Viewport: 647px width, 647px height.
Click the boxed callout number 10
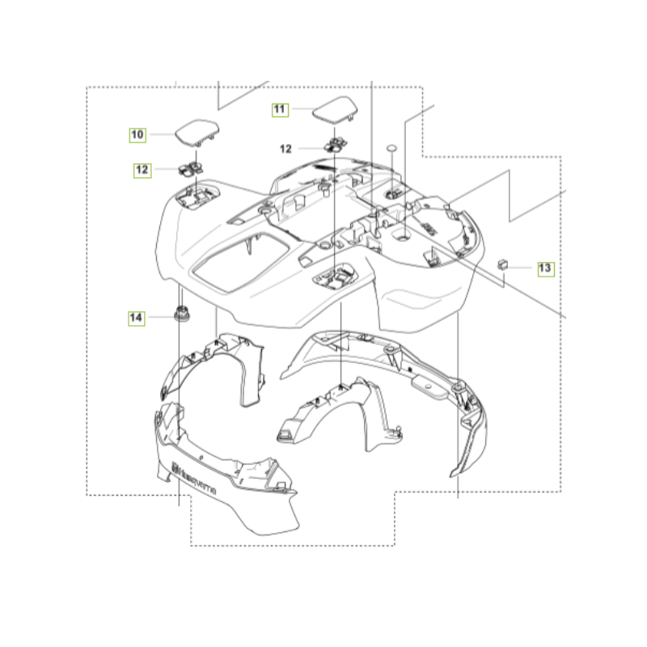pyautogui.click(x=137, y=135)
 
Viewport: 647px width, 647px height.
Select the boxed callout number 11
pyautogui.click(x=280, y=110)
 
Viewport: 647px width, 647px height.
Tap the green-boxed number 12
pyautogui.click(x=142, y=170)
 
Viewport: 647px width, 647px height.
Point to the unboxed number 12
pyautogui.click(x=285, y=149)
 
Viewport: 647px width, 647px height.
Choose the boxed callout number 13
pyautogui.click(x=545, y=269)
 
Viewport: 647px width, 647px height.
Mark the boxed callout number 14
pyautogui.click(x=136, y=318)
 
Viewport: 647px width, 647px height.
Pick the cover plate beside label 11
pyautogui.click(x=335, y=108)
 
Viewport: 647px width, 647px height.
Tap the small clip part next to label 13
pyautogui.click(x=502, y=264)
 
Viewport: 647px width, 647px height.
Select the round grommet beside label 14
pyautogui.click(x=181, y=313)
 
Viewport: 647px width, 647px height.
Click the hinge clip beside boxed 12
pyautogui.click(x=191, y=168)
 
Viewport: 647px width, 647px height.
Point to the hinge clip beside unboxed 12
pyautogui.click(x=336, y=145)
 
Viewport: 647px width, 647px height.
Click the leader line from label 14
pyautogui.click(x=161, y=317)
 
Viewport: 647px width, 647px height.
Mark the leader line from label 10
pyautogui.click(x=163, y=134)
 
